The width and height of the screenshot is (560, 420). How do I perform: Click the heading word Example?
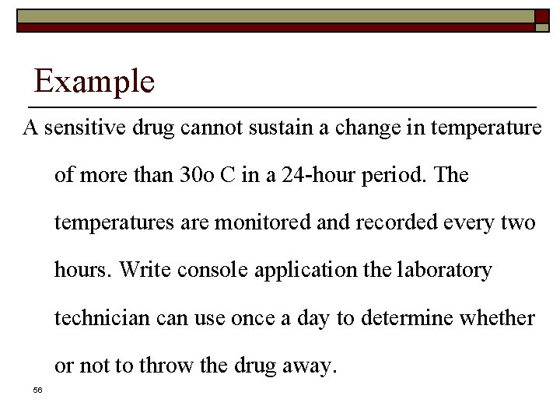tap(94, 81)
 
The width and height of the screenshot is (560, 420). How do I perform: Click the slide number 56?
tap(37, 390)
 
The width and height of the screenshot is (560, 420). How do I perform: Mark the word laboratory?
tap(444, 271)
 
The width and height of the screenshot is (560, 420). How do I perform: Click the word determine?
tap(404, 317)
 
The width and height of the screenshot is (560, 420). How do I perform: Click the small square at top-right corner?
tap(542, 16)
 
